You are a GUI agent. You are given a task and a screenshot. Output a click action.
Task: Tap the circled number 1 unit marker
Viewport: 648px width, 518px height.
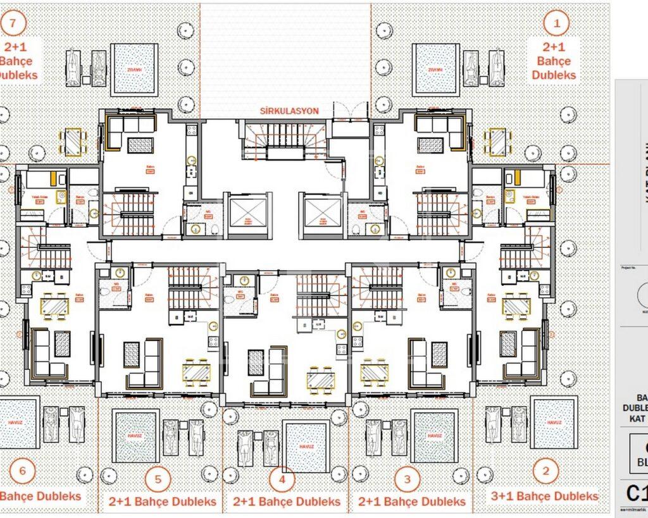click(557, 24)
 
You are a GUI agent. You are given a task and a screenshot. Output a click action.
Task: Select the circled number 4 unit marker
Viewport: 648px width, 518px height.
click(282, 479)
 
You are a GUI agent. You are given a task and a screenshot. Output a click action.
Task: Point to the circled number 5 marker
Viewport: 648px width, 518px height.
click(158, 479)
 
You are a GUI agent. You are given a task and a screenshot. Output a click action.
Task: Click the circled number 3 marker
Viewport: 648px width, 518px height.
click(407, 479)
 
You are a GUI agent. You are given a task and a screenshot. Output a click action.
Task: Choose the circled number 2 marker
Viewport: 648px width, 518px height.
click(545, 471)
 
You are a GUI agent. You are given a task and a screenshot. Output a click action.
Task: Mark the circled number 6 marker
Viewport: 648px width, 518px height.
click(23, 471)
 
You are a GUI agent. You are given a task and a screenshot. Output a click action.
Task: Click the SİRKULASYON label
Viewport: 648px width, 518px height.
click(289, 111)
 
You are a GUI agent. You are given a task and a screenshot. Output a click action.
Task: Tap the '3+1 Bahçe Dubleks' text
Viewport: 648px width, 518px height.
click(545, 496)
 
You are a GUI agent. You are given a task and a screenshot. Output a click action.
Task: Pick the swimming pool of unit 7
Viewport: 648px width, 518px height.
click(134, 70)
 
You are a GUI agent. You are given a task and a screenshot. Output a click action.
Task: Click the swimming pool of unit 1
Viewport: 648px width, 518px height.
click(435, 70)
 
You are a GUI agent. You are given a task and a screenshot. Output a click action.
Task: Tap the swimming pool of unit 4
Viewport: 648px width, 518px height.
click(306, 447)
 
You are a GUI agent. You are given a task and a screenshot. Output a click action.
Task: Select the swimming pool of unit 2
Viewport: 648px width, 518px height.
click(554, 422)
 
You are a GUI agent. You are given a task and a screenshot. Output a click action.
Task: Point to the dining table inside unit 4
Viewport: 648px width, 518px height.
click(321, 379)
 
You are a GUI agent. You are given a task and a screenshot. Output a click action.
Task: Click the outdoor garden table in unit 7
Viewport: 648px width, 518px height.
click(73, 142)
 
